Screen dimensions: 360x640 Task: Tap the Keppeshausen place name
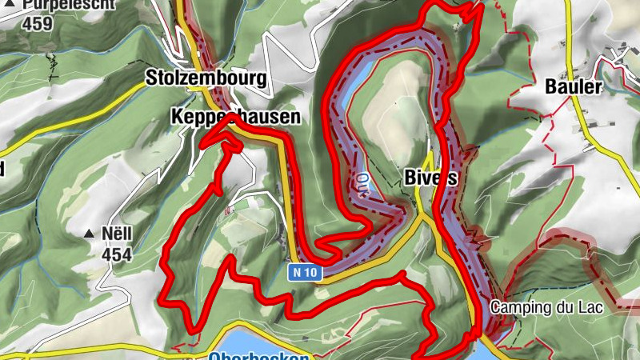[x=236, y=118]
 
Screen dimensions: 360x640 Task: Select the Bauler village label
[x=572, y=86]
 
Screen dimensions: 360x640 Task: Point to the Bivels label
[x=430, y=178]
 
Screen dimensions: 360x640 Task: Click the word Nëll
[x=117, y=234]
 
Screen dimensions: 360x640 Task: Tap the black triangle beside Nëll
[x=89, y=234]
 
